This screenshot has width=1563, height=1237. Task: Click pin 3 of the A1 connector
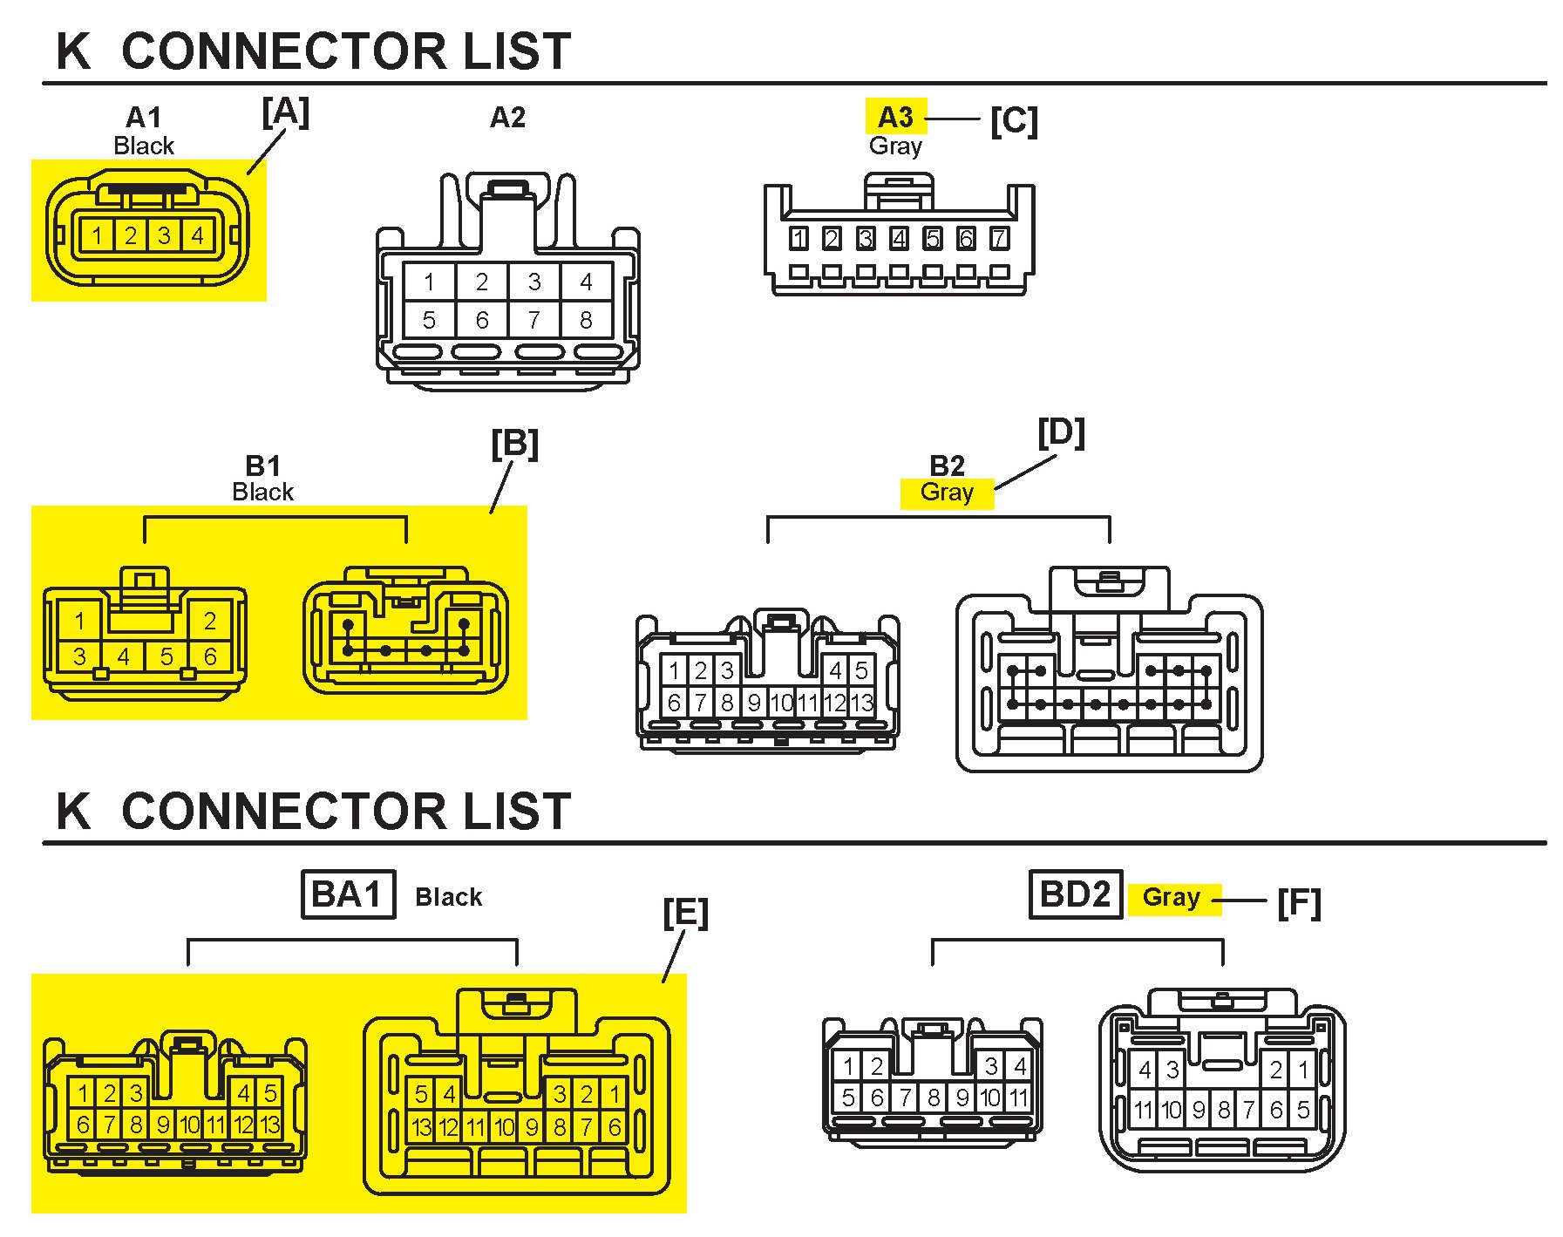(164, 235)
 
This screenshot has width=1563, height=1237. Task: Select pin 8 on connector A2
(586, 321)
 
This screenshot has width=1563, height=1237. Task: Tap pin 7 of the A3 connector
(999, 238)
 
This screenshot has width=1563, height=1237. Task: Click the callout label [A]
(285, 112)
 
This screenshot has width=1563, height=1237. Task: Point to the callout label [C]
(1014, 120)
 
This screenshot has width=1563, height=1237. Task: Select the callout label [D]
(1061, 433)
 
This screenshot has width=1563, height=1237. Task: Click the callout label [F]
(1299, 902)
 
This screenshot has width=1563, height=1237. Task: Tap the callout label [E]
(685, 913)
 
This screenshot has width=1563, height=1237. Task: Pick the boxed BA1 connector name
(347, 894)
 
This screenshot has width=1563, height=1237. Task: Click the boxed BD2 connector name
(1075, 894)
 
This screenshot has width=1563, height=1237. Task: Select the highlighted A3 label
(895, 117)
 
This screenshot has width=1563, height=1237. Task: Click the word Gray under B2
(947, 493)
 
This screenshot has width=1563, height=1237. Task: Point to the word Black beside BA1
(448, 897)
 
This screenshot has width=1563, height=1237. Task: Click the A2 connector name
(507, 117)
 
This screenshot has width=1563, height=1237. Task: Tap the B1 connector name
(262, 466)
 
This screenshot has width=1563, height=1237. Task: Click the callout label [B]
(514, 445)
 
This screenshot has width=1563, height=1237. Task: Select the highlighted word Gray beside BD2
(1171, 897)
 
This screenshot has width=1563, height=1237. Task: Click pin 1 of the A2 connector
(429, 282)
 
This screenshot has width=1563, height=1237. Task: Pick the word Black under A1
(144, 146)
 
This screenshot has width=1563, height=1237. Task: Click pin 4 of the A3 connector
(899, 238)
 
